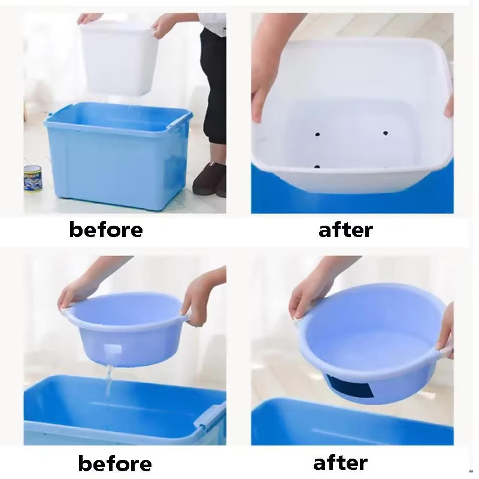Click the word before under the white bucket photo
coord(106,230)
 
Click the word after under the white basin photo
coord(345,230)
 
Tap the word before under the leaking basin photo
coord(115,463)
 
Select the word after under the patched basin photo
coord(340,462)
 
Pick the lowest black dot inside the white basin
coord(317,166)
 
